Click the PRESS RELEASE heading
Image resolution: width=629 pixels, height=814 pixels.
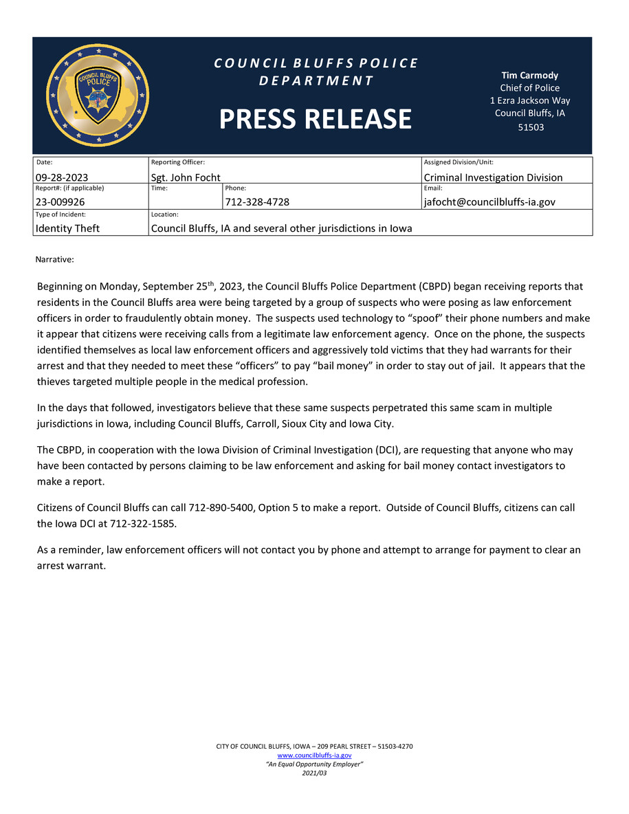coord(316,119)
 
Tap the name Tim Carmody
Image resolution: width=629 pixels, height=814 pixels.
coord(529,76)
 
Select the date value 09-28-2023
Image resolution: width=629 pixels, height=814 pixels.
coord(62,177)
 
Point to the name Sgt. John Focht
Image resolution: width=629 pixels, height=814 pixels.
coord(186,177)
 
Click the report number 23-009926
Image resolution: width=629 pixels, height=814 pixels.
coord(62,202)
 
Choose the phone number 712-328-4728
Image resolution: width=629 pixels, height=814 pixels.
coord(257,202)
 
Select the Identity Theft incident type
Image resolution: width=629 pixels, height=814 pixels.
coord(67,228)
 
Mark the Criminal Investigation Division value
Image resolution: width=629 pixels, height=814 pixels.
coord(493,177)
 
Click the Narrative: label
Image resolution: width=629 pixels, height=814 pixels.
coord(54,260)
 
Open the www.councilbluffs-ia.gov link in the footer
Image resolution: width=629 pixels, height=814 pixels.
coord(314,755)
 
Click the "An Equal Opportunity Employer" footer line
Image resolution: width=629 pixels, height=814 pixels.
coord(314,764)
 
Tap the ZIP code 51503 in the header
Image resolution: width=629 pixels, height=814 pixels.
coord(529,127)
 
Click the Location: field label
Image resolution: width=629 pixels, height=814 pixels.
coord(165,214)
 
